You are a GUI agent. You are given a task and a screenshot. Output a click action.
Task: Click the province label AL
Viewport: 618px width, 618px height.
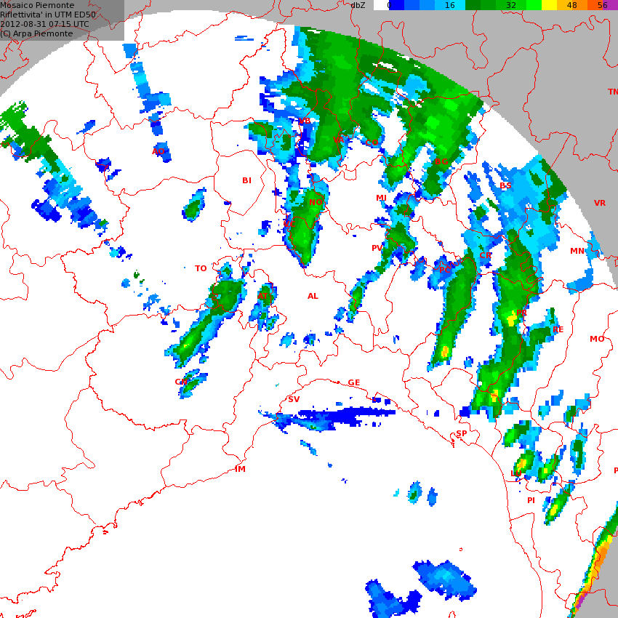313,296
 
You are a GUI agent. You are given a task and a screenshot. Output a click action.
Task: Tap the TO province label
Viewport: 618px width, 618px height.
201,268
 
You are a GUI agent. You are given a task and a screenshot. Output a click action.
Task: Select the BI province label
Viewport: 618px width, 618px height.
246,180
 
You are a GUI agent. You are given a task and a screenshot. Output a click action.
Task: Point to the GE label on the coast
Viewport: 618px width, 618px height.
354,382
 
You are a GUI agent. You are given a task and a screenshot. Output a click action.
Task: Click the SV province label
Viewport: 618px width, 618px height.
294,399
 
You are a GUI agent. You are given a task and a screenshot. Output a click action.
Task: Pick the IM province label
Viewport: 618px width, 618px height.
240,469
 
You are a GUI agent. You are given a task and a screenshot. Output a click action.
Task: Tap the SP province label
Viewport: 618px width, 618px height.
462,433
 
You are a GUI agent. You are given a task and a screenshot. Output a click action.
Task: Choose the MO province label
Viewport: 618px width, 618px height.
597,339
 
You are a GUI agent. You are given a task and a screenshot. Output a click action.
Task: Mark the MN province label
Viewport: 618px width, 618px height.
577,251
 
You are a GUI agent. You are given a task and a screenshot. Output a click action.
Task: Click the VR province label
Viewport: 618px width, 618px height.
600,203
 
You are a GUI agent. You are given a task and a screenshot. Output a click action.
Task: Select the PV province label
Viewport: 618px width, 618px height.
377,248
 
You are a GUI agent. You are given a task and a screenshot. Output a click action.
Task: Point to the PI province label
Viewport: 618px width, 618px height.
531,500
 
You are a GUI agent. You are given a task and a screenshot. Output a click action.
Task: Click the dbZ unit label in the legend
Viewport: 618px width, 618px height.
358,5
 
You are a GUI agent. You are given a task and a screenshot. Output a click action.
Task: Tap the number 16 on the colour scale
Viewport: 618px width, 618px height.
449,5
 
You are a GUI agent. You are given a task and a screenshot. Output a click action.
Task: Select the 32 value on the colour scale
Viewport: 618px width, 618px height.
510,5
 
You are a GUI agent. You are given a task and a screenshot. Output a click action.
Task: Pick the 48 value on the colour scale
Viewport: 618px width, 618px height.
571,5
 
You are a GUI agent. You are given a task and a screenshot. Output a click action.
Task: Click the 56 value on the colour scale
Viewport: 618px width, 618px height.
602,5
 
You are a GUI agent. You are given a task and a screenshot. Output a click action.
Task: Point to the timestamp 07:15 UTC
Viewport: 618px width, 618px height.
71,24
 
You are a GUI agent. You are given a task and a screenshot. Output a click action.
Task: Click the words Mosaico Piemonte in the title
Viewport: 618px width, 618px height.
37,5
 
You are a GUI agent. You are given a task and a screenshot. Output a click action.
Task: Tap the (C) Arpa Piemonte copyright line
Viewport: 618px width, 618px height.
36,33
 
